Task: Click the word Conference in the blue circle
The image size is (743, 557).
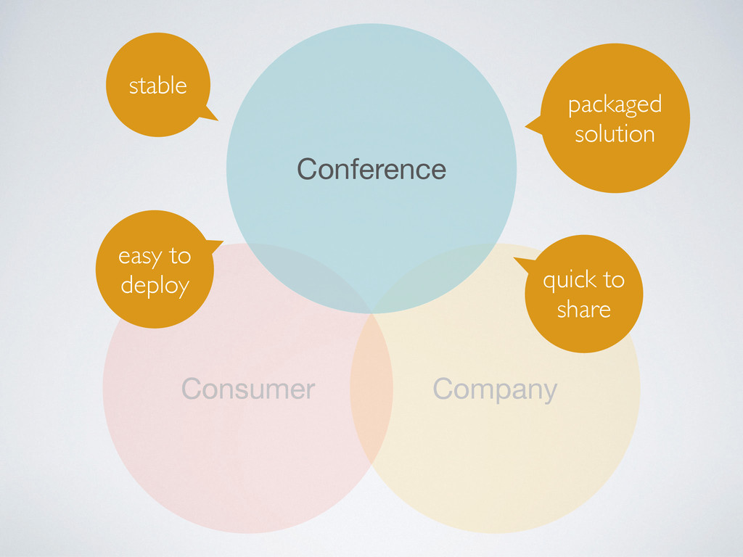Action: (x=371, y=169)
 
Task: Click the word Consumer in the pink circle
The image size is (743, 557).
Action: (x=248, y=389)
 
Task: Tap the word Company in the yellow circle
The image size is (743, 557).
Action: (x=495, y=389)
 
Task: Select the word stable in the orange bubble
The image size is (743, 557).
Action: (x=157, y=86)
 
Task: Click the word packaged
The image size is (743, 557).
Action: (x=615, y=104)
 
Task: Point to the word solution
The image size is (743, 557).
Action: (x=615, y=133)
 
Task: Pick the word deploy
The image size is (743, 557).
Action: (x=155, y=286)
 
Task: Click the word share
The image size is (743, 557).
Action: (x=583, y=310)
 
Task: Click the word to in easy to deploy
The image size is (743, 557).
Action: (x=179, y=256)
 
